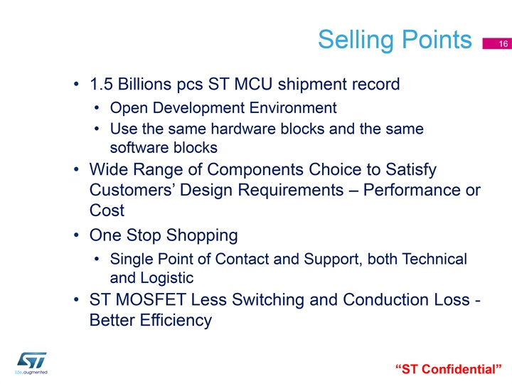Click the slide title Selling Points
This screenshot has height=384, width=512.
[395, 40]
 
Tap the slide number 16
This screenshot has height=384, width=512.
[503, 44]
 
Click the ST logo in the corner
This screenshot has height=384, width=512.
[31, 363]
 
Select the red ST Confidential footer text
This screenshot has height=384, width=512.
[448, 369]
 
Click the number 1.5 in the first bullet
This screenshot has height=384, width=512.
[101, 84]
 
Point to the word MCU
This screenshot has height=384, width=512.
[253, 84]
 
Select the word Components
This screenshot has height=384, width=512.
[255, 170]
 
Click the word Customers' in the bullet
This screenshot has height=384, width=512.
[132, 190]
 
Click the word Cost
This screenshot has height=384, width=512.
[107, 210]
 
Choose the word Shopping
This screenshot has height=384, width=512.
[202, 236]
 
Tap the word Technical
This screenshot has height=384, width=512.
[434, 259]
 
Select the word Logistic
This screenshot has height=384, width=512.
[167, 278]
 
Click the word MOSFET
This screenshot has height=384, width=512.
[151, 300]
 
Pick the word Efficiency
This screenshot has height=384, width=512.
[176, 320]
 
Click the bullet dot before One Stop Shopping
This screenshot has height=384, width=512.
[76, 235]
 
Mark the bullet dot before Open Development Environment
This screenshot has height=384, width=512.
[96, 108]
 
